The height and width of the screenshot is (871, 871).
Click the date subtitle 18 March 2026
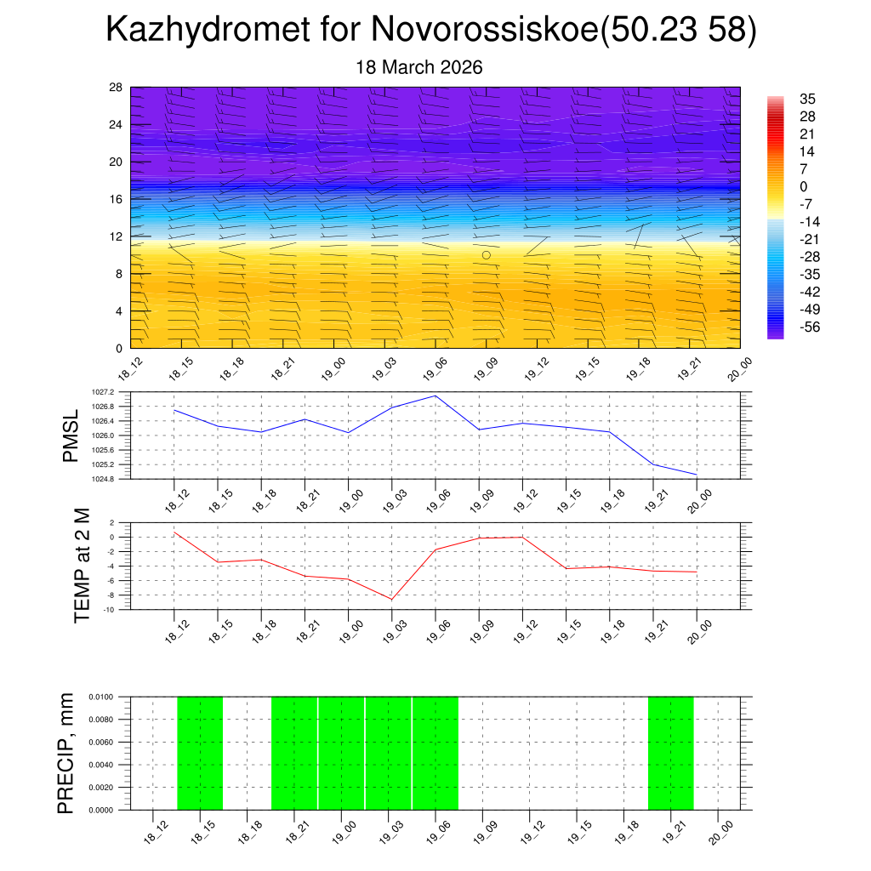point(418,67)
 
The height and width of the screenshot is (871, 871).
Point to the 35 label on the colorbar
point(807,99)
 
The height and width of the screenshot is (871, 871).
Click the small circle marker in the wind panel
point(487,254)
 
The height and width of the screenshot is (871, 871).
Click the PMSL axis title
point(71,435)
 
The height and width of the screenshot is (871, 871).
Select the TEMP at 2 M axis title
point(82,566)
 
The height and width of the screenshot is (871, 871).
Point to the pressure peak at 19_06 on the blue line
point(435,396)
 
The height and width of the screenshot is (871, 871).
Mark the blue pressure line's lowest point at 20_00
point(697,475)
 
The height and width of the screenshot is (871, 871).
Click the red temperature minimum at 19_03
point(392,600)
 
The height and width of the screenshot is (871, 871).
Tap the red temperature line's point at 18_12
point(174,532)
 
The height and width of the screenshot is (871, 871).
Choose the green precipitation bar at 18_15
point(200,753)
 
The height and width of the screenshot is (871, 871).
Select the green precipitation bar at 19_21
point(671,753)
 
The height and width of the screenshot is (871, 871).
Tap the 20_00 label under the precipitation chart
point(720,830)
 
